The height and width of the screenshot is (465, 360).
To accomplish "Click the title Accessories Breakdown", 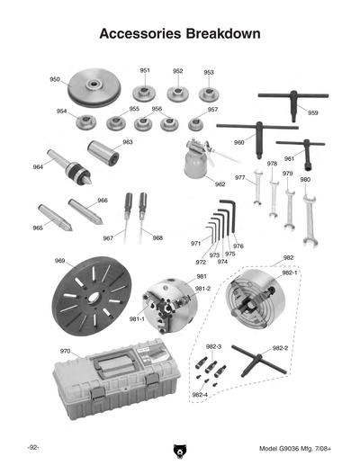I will click(180, 33).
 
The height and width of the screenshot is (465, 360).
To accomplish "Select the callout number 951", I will click(145, 70).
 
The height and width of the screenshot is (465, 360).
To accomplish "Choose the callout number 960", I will click(239, 142).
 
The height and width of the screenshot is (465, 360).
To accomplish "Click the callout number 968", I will click(157, 238).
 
